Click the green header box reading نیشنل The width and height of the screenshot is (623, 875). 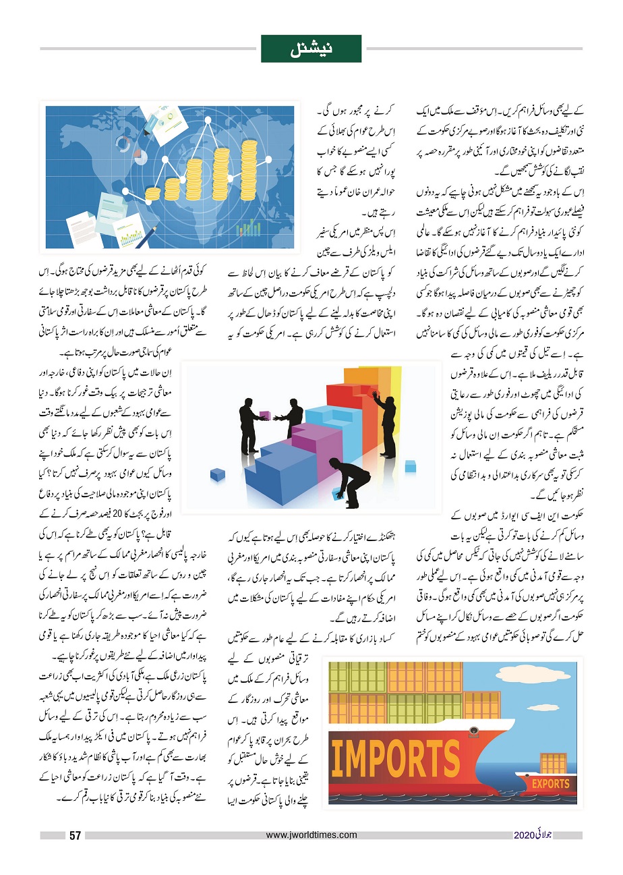pos(311,49)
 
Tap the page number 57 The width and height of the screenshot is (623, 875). pos(75,836)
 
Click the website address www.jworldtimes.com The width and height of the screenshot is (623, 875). pos(311,835)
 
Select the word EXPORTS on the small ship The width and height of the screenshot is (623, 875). pos(552,785)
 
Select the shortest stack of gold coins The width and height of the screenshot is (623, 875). pos(153,192)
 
